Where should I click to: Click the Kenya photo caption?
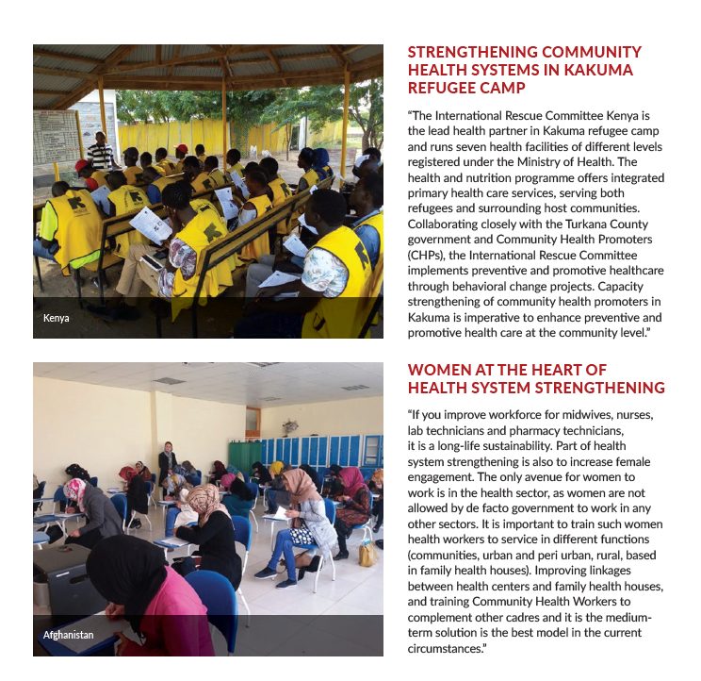[x=57, y=318]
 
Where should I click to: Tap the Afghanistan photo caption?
[x=68, y=635]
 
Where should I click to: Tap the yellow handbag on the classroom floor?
[x=367, y=554]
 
